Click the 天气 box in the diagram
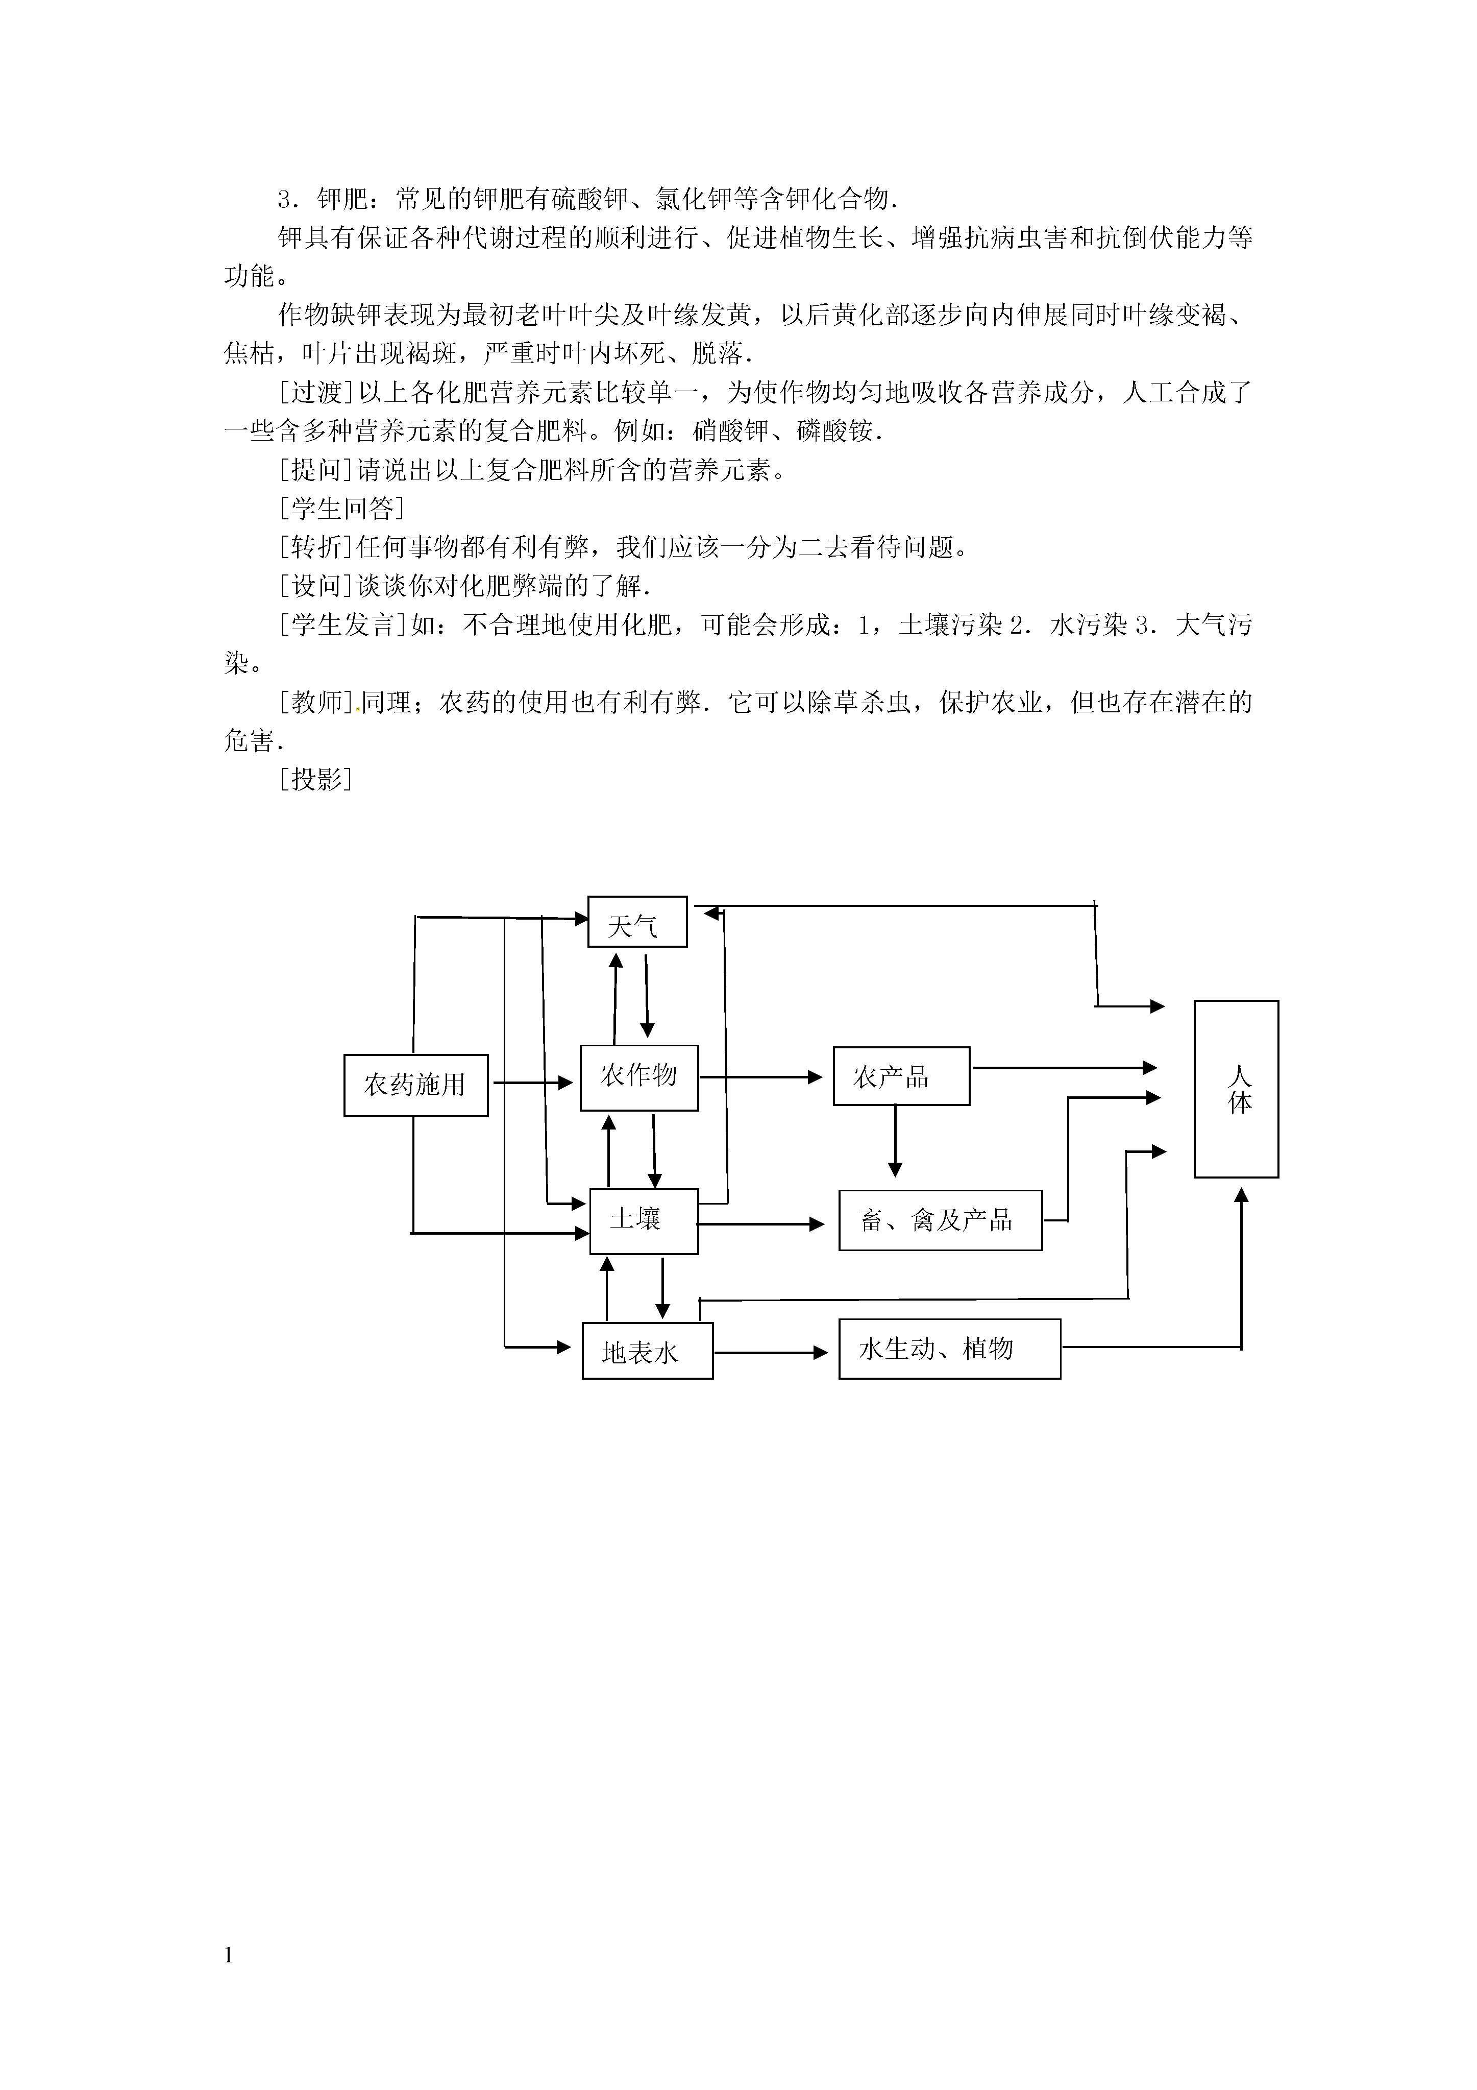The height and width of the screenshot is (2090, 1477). [637, 921]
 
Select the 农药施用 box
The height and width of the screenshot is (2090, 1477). [416, 1085]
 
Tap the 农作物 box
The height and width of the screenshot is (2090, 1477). [639, 1078]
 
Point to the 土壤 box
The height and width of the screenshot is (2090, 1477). [644, 1221]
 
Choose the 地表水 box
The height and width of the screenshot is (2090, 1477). [647, 1351]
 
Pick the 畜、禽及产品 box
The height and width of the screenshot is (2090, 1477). [940, 1220]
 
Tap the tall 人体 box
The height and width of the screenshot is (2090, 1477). [1236, 1089]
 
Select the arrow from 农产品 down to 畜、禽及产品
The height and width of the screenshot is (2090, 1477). [896, 1141]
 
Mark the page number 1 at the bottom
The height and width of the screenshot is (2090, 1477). [229, 1955]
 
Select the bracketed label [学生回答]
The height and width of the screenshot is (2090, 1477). [341, 508]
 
